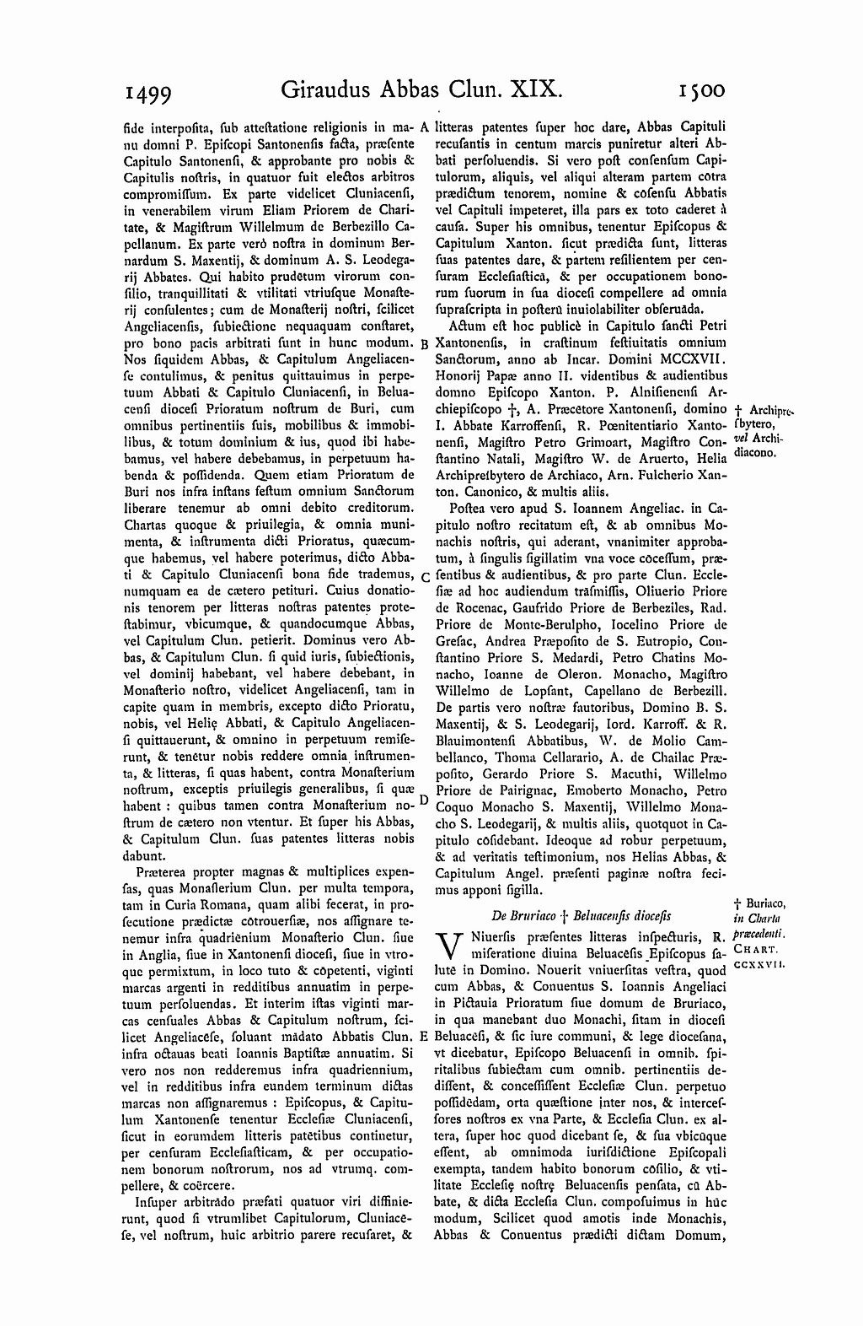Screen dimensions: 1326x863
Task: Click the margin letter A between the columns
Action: [x=425, y=127]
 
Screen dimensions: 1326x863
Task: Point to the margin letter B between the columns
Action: [x=425, y=344]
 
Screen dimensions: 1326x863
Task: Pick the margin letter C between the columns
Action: [x=425, y=577]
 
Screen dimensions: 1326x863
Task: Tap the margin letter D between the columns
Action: [x=425, y=799]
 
